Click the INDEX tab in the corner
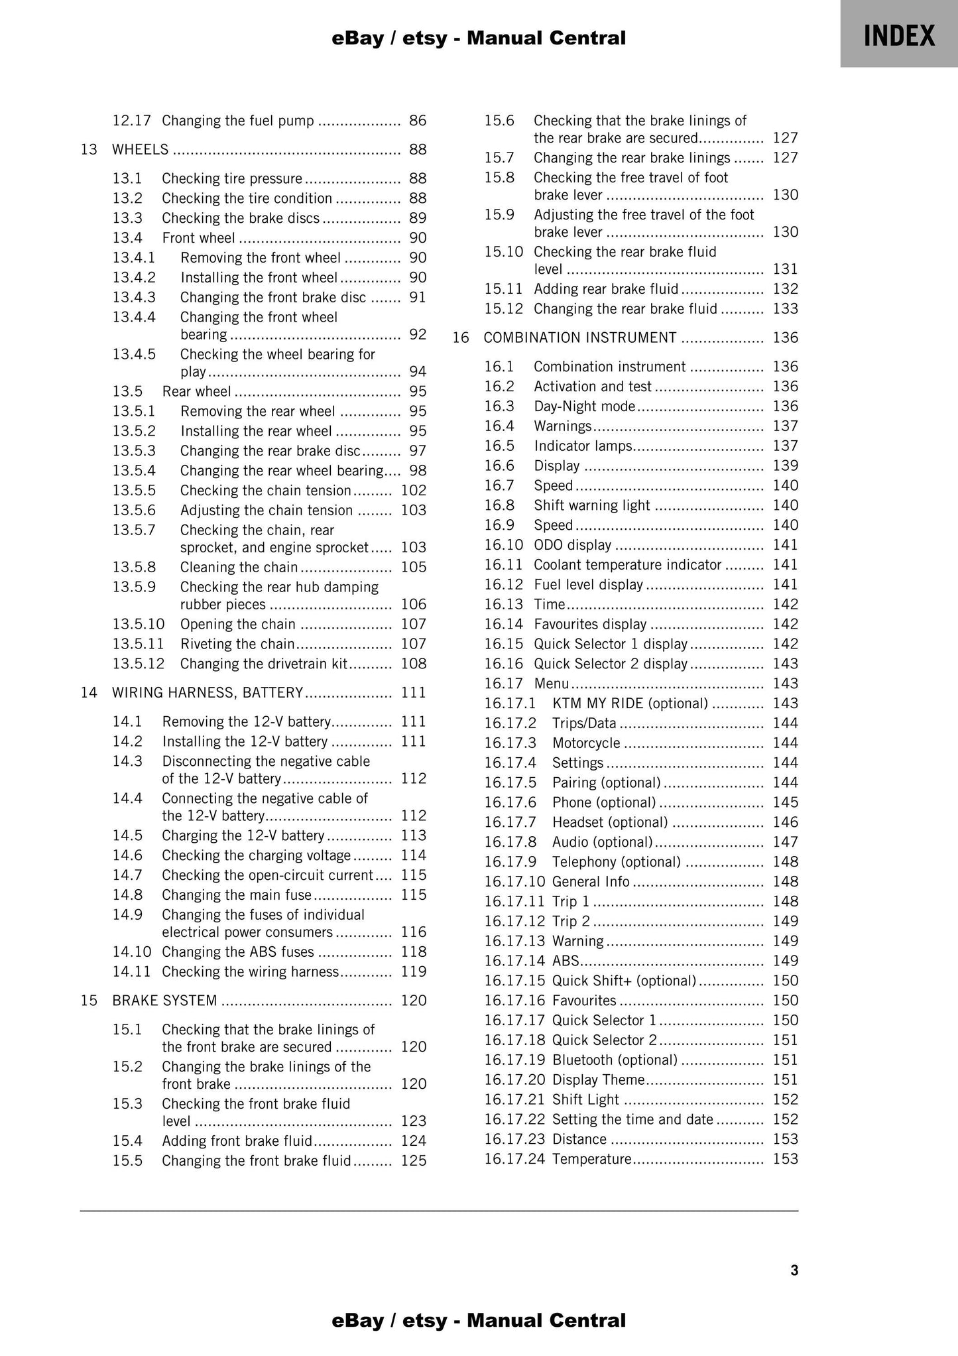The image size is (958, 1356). [899, 34]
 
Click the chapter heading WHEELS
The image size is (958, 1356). [140, 150]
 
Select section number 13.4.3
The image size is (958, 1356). [134, 298]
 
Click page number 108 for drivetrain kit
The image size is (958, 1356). [414, 664]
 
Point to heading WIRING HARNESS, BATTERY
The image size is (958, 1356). [207, 693]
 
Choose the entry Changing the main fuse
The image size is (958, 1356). [236, 895]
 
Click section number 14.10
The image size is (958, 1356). [132, 952]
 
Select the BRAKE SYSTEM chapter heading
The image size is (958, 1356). [164, 1001]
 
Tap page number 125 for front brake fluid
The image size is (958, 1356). [414, 1161]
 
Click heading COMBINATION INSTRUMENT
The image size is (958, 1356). [579, 338]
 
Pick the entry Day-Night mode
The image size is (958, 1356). [584, 406]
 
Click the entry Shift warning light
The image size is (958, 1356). [591, 505]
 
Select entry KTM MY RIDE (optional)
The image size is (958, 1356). [629, 704]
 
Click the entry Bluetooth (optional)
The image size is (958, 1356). [615, 1060]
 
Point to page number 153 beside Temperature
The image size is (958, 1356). [785, 1159]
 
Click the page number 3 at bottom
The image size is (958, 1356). [794, 1271]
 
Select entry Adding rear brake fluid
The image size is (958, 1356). [605, 289]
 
